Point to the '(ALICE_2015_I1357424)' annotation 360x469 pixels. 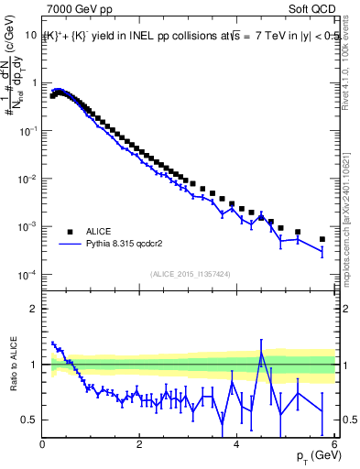tap(190, 273)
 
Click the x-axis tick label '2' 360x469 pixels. tap(139, 444)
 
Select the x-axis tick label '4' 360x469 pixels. tap(236, 444)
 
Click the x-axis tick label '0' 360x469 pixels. tap(43, 444)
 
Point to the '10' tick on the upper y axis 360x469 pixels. tap(29, 34)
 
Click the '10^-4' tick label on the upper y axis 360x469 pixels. tap(27, 275)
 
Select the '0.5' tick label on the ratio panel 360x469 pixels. tap(30, 420)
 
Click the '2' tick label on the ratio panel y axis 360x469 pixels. tap(35, 309)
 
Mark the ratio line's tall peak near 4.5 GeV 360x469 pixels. tap(261, 353)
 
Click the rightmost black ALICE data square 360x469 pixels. tap(322, 239)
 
